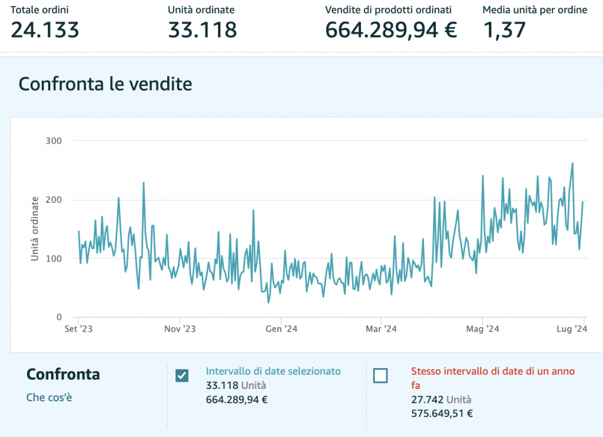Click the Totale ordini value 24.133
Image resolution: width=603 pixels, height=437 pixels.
tap(45, 29)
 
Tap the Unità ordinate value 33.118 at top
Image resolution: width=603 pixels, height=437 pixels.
tap(202, 29)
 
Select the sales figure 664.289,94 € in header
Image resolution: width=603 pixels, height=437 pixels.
tap(391, 29)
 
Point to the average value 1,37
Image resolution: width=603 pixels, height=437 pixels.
tap(504, 29)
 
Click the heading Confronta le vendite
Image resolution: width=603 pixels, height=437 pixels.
tap(105, 84)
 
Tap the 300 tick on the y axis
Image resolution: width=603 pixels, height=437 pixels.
tap(54, 141)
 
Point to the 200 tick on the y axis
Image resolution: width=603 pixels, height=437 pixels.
tap(54, 200)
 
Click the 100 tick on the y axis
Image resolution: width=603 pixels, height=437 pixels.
tap(54, 259)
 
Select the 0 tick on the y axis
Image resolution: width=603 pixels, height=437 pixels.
tap(59, 318)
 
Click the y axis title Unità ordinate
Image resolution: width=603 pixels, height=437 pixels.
tap(35, 229)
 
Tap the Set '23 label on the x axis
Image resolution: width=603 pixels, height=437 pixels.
tap(78, 329)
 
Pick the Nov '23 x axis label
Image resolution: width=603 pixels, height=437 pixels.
tap(180, 329)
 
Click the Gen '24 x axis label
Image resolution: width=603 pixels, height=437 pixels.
tap(281, 329)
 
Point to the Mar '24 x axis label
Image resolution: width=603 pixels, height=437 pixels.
tap(382, 329)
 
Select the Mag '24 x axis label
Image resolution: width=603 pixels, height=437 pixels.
tap(482, 329)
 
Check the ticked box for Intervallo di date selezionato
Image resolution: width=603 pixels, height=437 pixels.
tap(183, 375)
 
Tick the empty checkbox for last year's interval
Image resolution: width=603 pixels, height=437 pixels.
tap(381, 375)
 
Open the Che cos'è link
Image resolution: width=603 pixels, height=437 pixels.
tap(49, 398)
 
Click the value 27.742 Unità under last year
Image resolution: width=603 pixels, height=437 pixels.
tap(441, 400)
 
